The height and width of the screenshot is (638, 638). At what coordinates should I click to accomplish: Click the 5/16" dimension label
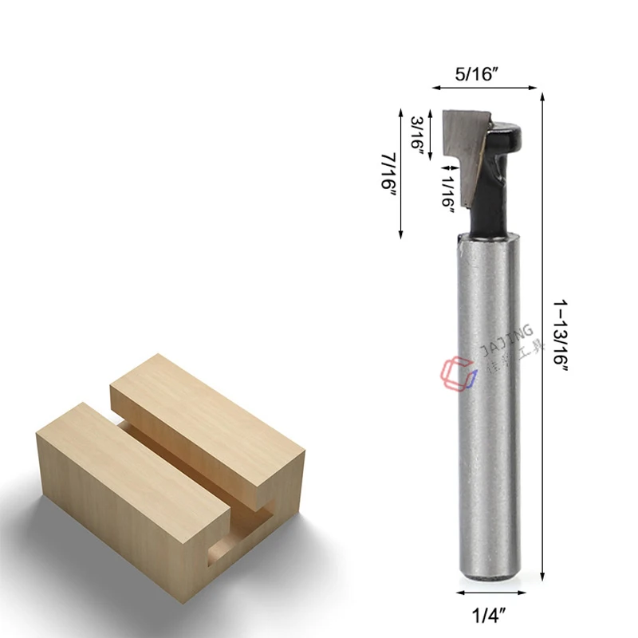click(x=476, y=75)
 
